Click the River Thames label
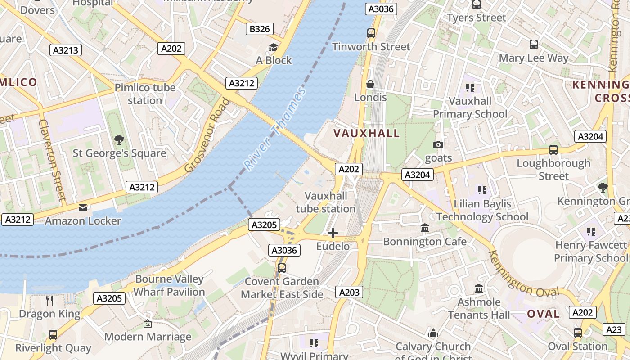point(275,129)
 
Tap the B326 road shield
point(260,29)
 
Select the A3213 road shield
point(66,50)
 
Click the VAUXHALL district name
point(367,133)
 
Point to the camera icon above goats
point(438,144)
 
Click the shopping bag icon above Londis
point(370,84)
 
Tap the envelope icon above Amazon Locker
point(83,207)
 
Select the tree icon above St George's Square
point(119,139)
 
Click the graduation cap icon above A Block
point(273,47)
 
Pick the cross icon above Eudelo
point(333,233)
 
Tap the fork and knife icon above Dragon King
point(49,300)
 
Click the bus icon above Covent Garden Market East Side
point(282,268)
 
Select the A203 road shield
point(349,292)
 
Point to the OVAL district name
point(544,314)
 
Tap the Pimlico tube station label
point(145,94)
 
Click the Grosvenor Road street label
point(207,135)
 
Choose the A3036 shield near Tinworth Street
point(381,9)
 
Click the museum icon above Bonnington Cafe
point(425,228)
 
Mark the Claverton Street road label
point(52,160)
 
